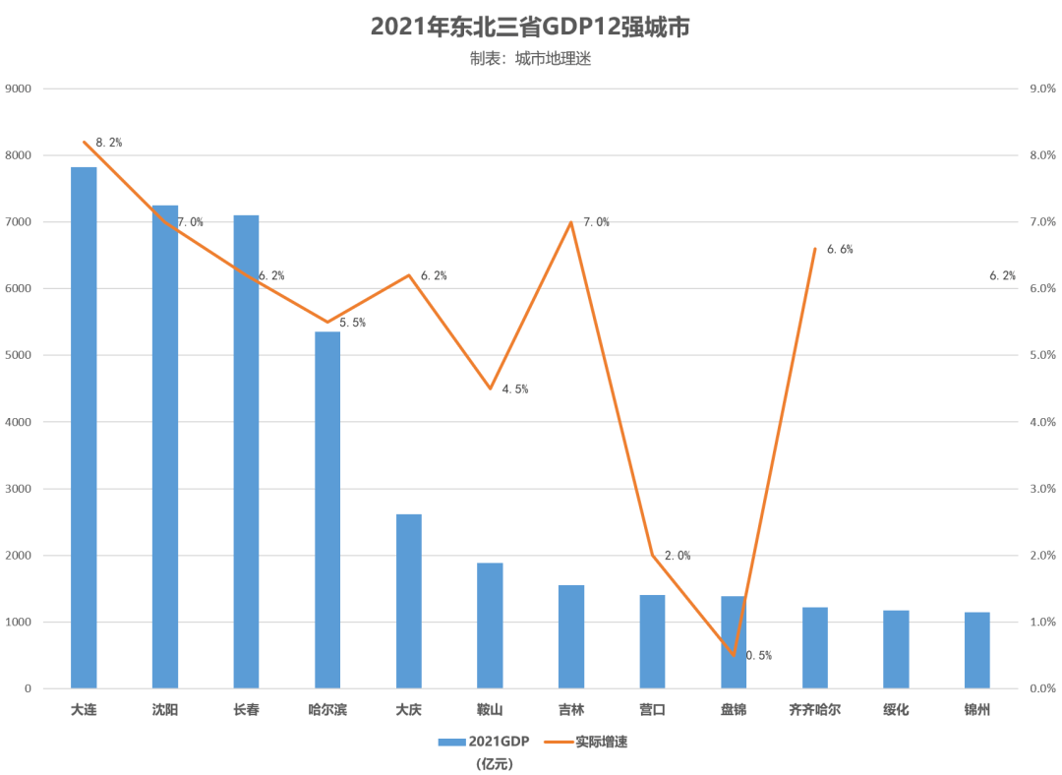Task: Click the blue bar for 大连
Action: coord(84,428)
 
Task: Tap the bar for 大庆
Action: coord(408,601)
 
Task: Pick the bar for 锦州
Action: coord(976,650)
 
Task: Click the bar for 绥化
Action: coord(896,649)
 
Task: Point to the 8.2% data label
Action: coord(109,143)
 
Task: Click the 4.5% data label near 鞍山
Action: coord(515,389)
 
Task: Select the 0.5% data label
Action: coord(758,655)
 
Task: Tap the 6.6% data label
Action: coord(840,250)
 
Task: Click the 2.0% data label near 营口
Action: coord(678,556)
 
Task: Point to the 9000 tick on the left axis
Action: coord(19,89)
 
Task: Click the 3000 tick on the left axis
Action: coord(19,489)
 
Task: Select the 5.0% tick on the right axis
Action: coord(1041,355)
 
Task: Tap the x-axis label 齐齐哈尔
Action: coord(815,709)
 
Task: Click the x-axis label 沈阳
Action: coord(165,709)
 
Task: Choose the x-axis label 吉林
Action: coord(571,709)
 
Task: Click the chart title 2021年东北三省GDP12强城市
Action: coord(530,27)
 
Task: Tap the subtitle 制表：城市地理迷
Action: coord(530,59)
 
